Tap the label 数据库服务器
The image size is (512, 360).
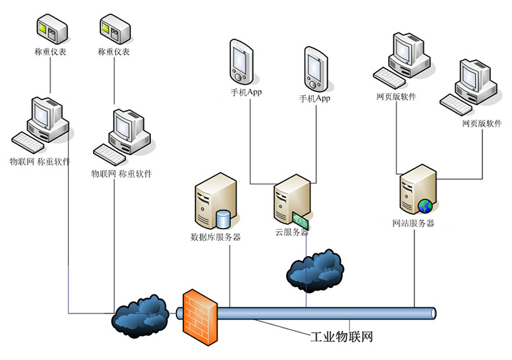[216, 237]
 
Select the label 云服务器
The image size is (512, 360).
[292, 232]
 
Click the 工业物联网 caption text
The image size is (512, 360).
[342, 336]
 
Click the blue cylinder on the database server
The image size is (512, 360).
[222, 218]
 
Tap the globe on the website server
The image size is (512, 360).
[425, 205]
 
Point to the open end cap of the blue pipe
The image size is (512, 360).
[433, 313]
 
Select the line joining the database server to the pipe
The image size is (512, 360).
[230, 276]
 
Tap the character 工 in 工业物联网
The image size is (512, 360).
[317, 336]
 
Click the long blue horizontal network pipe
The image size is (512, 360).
[323, 313]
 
